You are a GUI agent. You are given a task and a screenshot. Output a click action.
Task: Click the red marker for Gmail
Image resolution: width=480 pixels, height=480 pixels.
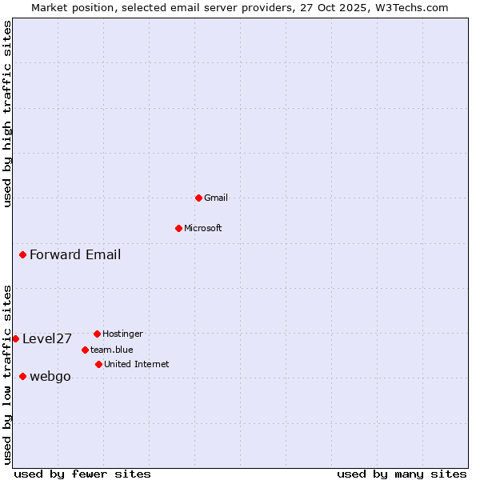click(198, 198)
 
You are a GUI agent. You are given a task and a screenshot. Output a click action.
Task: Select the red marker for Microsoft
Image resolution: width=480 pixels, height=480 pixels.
click(178, 228)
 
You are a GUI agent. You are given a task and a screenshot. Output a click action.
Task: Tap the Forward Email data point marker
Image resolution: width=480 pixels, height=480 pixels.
click(22, 255)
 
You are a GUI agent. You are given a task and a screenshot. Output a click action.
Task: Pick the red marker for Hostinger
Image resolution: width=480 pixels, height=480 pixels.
click(97, 334)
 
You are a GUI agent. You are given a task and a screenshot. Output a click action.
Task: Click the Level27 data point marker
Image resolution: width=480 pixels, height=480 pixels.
click(15, 338)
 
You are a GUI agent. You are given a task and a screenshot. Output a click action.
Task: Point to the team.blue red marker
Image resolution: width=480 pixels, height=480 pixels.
click(85, 350)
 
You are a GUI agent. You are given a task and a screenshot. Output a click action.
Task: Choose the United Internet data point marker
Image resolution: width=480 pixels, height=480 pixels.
click(98, 364)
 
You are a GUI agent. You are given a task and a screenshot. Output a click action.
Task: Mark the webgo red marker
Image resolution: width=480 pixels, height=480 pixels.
click(22, 376)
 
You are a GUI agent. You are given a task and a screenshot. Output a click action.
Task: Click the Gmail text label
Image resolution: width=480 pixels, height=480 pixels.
click(216, 198)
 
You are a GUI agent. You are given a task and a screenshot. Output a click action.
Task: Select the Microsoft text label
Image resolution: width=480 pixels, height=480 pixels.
click(203, 228)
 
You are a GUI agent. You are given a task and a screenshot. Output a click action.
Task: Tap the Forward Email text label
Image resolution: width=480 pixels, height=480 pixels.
click(75, 255)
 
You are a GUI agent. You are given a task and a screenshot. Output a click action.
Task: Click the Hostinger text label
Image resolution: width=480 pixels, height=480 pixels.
click(122, 334)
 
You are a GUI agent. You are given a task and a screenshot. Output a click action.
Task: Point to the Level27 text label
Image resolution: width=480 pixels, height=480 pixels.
click(47, 338)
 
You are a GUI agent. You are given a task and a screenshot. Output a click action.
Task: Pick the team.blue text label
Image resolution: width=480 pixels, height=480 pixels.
click(112, 350)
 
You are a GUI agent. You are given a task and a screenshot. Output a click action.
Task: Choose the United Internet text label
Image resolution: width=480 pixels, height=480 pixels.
click(137, 364)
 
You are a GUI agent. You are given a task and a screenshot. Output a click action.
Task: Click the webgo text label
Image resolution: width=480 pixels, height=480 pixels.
click(50, 377)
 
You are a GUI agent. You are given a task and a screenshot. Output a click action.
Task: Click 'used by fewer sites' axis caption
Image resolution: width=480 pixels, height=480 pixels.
click(82, 474)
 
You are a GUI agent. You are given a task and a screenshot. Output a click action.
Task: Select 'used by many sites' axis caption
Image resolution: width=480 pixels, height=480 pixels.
click(402, 474)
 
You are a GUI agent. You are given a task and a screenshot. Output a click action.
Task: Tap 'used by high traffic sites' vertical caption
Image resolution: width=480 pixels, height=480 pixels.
click(7, 114)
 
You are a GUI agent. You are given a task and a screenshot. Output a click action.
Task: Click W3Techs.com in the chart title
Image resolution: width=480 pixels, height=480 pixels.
click(409, 7)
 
